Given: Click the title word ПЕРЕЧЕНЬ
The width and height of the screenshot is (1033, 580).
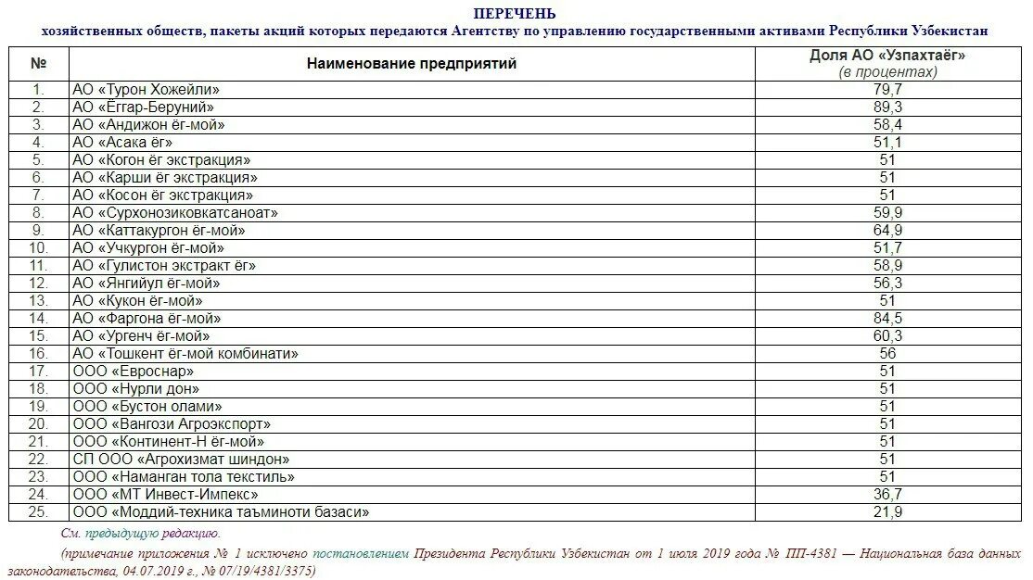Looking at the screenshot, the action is click(515, 13).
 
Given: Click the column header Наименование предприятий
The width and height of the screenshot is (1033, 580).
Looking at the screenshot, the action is click(412, 64).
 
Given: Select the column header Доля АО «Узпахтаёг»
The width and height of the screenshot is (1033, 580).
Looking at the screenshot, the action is click(887, 56).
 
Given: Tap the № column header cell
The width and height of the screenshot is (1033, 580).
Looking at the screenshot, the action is click(38, 64).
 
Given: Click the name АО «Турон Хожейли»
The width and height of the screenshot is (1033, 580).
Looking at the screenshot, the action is click(146, 90).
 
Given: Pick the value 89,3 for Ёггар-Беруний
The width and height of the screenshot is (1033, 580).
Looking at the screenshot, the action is click(887, 107).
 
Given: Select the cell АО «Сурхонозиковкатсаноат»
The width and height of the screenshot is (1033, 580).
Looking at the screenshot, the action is click(175, 213).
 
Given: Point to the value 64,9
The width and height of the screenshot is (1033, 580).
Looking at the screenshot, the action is click(887, 231).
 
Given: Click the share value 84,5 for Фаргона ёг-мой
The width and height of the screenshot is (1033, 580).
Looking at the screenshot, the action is click(887, 319).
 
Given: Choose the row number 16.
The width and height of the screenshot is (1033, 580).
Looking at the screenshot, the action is click(38, 354).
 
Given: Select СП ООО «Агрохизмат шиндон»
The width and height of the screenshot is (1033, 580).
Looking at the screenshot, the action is click(181, 460).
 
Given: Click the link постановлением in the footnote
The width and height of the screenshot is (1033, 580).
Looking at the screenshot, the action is click(361, 553).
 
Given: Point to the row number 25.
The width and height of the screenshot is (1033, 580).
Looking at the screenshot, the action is click(38, 512).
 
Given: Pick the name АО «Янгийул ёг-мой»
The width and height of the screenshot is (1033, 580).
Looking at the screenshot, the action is click(147, 284).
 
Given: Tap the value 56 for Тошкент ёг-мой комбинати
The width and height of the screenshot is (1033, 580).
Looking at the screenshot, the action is click(887, 354).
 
